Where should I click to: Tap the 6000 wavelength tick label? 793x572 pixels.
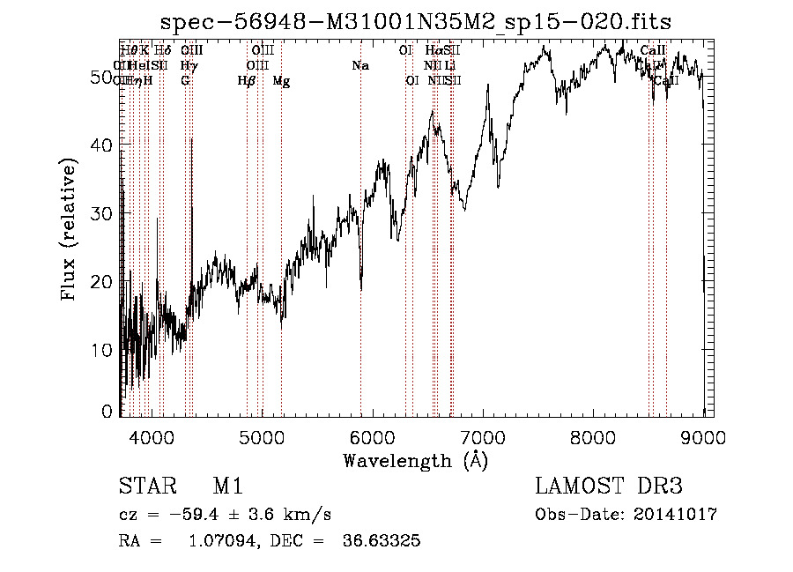[373, 435]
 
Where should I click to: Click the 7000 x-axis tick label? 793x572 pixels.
[483, 435]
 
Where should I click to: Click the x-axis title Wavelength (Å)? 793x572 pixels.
[415, 460]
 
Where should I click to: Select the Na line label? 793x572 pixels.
[359, 66]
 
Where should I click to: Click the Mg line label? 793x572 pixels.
[281, 81]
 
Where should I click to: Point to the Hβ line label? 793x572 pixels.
[247, 81]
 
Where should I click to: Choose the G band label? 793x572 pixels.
[185, 81]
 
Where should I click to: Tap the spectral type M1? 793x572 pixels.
[227, 487]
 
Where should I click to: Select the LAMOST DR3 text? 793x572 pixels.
[608, 487]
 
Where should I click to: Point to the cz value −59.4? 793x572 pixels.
[199, 515]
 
